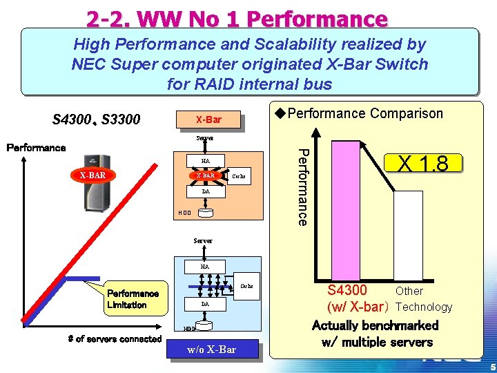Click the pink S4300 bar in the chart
351,207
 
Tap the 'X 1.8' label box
422,163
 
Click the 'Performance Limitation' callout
132,299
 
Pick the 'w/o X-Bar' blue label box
211,350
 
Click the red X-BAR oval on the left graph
92,175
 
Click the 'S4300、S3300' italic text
96,120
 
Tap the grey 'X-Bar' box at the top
208,120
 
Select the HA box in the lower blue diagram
205,266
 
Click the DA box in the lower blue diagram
205,304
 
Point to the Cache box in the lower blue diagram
246,286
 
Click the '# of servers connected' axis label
115,338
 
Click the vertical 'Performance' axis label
302,185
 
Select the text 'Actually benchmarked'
375,325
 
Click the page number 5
491,367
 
